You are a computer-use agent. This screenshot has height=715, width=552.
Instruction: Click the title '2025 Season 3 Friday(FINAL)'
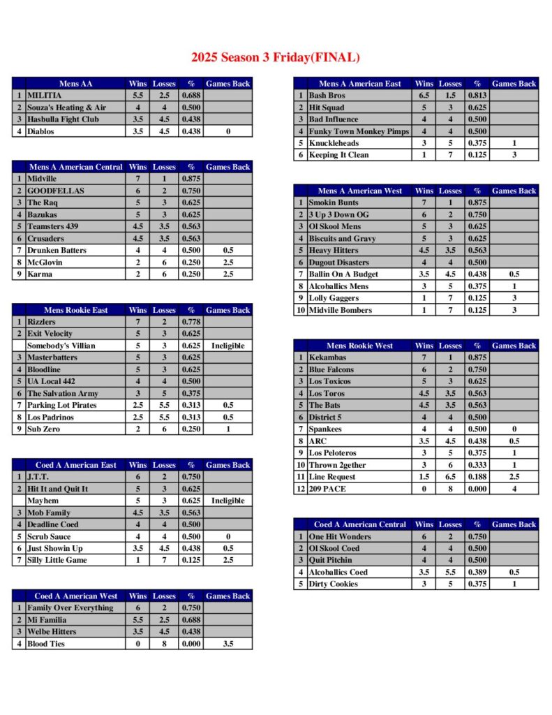coord(276,57)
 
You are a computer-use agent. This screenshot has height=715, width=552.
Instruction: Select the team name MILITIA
coord(45,96)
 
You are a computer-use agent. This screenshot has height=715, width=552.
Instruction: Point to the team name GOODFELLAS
coord(55,191)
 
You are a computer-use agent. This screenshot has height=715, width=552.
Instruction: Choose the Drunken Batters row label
coord(57,250)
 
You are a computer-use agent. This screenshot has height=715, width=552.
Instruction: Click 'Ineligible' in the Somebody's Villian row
coord(227,346)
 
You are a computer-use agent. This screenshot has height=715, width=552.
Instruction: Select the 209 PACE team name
coord(327,489)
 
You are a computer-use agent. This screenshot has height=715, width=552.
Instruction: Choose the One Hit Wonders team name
coord(339,536)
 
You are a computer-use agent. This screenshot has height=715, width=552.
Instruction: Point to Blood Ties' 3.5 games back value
coord(227,644)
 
